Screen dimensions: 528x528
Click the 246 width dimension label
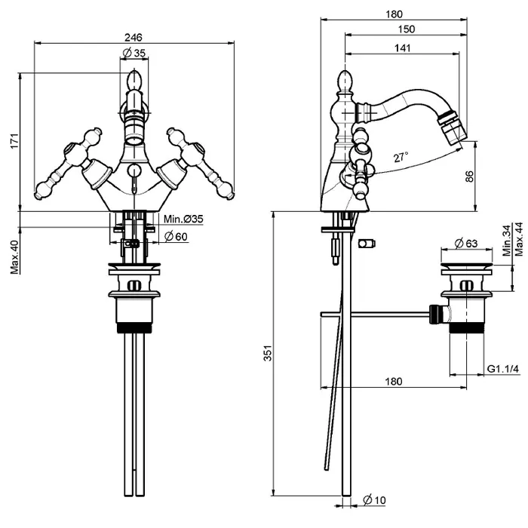tap(134, 37)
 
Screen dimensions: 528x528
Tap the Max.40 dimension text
tap(14, 257)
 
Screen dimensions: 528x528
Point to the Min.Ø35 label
tap(183, 219)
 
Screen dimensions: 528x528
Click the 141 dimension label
tap(402, 48)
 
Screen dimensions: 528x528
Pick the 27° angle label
tap(401, 157)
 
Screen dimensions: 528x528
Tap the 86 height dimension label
tap(469, 176)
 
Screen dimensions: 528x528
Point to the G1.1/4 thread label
tap(502, 369)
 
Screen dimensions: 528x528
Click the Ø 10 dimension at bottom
tap(374, 501)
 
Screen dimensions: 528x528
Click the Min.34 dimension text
tap(506, 239)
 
